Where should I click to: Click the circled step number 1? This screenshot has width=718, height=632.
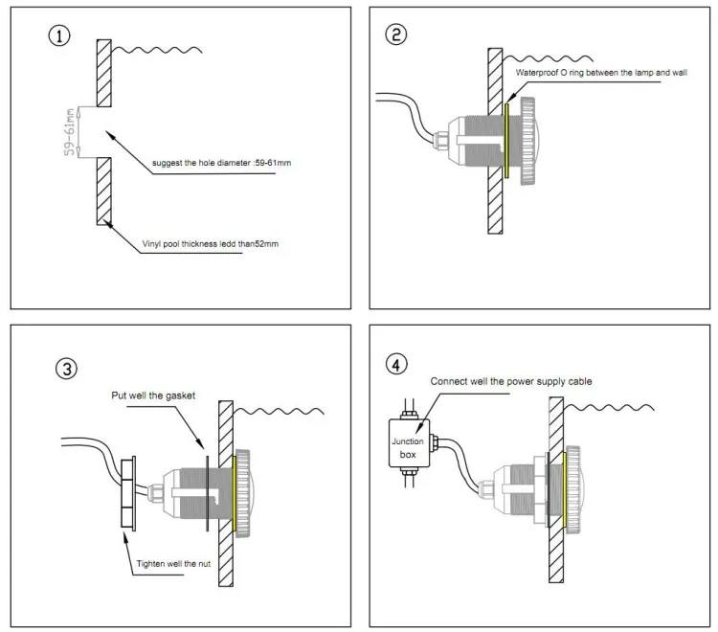59,35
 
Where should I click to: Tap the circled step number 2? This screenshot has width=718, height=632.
395,34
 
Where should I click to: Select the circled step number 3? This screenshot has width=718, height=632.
66,369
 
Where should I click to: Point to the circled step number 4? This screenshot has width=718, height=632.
396,365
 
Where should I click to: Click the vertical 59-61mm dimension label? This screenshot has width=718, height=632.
69,132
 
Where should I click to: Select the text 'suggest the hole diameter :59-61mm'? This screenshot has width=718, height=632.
222,163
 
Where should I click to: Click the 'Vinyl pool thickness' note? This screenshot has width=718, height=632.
211,243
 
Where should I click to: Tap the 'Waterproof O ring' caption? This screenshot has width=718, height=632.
601,73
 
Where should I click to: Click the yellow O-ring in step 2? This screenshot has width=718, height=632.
506,141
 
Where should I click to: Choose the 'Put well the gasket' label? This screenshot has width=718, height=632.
153,395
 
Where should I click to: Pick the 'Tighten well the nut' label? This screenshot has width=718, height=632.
173,564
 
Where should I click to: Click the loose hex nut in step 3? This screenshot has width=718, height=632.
127,493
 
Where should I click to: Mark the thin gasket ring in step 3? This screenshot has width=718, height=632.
208,493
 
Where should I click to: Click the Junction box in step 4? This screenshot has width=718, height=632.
409,443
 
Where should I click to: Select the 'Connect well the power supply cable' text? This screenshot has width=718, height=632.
511,381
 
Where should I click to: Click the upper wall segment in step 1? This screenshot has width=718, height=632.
104,74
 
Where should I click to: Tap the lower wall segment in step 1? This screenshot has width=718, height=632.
104,191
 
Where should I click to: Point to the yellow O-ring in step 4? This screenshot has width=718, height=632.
565,489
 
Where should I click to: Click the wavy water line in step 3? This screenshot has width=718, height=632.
279,411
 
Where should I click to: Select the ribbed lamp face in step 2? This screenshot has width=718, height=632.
527,141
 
